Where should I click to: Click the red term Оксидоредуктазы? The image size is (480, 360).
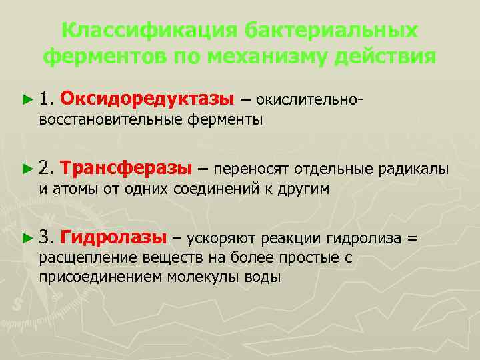[147, 99]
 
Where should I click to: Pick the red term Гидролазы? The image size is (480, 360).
[113, 237]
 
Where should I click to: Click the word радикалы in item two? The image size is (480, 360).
[413, 169]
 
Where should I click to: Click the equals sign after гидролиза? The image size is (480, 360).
[413, 237]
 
